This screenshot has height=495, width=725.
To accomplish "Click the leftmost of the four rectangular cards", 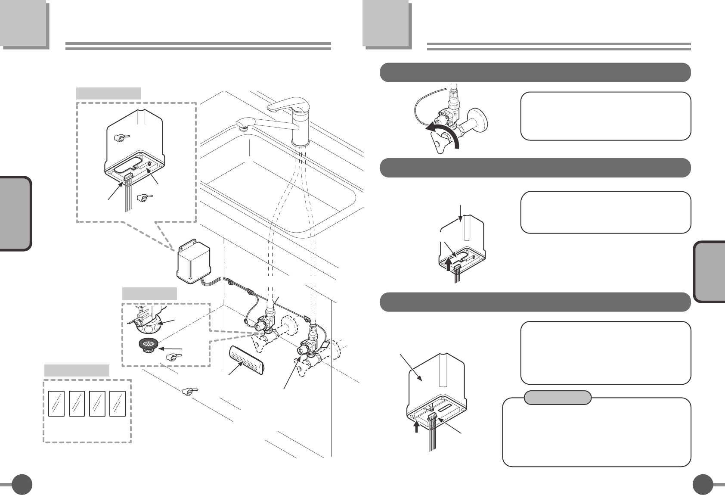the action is [x=56, y=403].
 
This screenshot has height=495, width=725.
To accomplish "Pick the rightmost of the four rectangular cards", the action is [x=118, y=403].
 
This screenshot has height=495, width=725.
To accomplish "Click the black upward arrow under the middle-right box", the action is [x=449, y=263].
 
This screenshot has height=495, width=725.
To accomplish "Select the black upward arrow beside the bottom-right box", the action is [x=416, y=426].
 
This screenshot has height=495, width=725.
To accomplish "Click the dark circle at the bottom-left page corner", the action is [x=22, y=485].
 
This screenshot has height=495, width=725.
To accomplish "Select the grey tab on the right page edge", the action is [x=710, y=272].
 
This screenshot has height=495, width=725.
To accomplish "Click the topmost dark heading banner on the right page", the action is [x=535, y=72].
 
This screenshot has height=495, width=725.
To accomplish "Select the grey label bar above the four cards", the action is [x=77, y=370].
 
